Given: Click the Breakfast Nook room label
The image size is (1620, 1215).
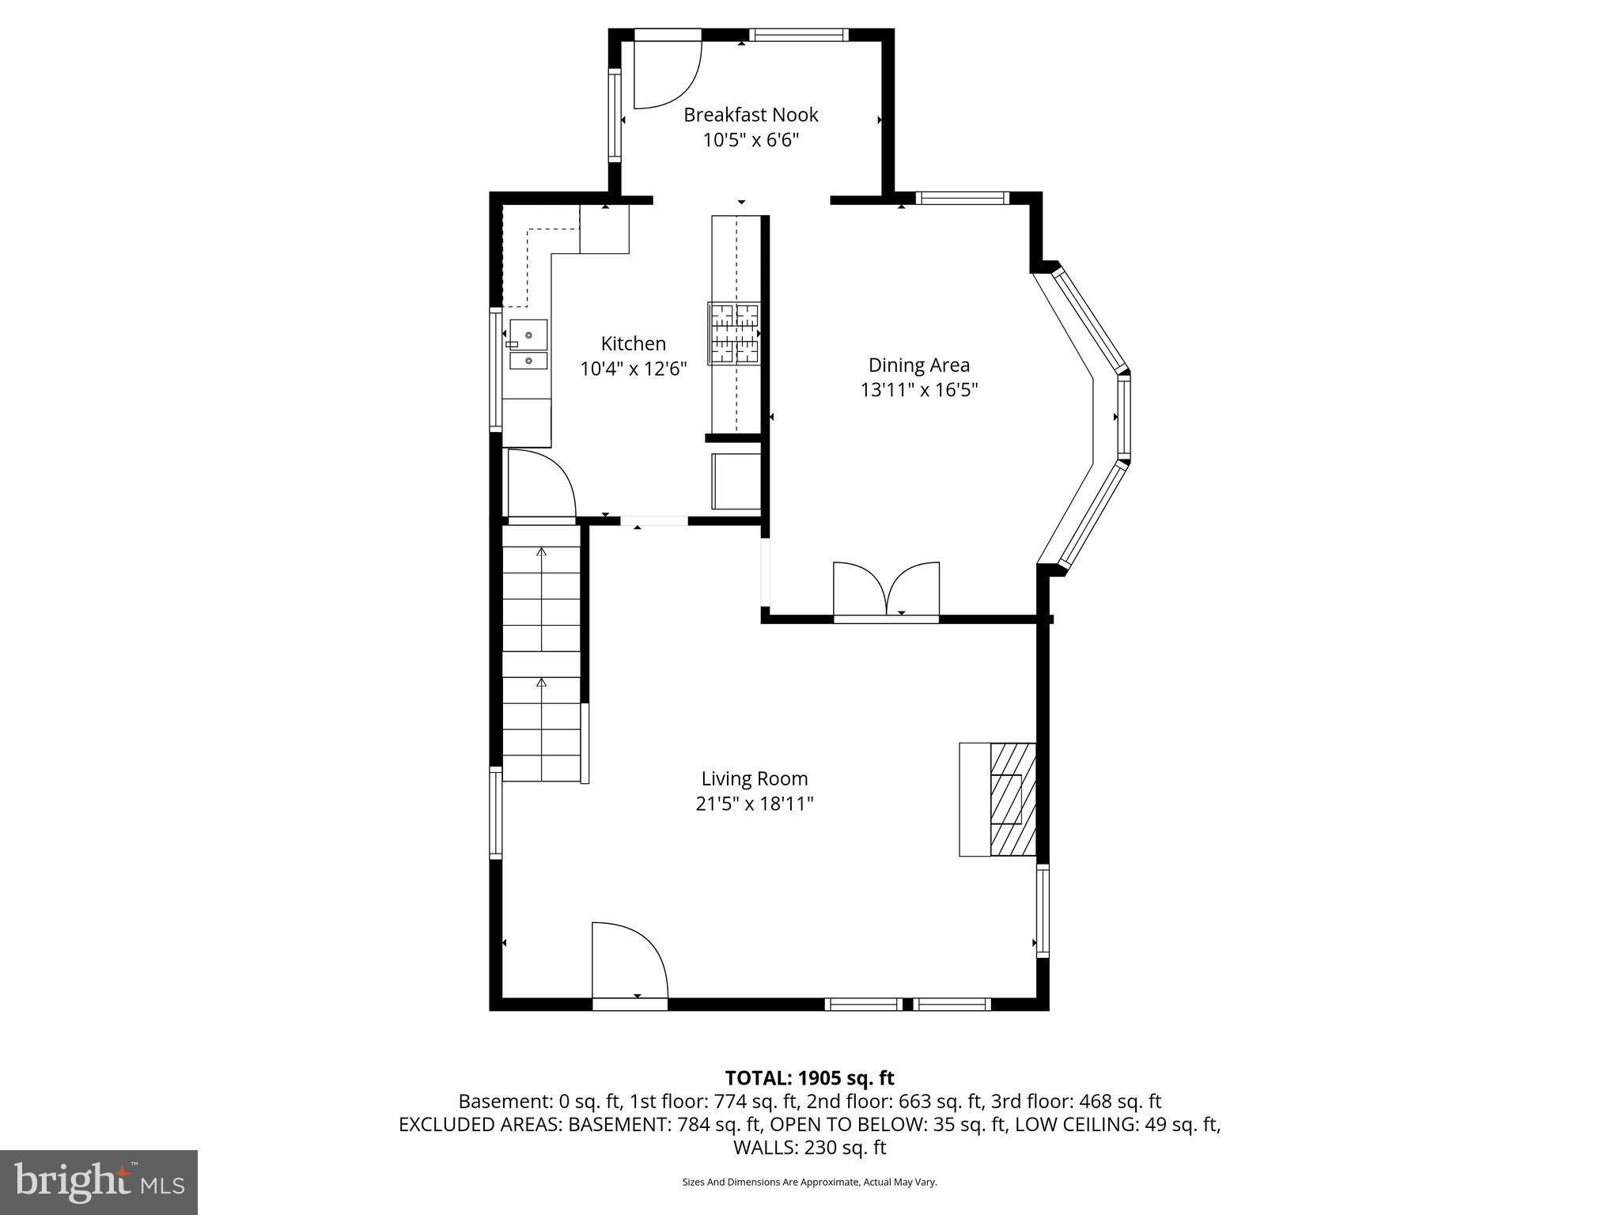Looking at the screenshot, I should [750, 115].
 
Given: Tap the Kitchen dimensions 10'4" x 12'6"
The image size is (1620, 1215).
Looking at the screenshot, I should [633, 369].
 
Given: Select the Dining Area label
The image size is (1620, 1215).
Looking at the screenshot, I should [918, 365].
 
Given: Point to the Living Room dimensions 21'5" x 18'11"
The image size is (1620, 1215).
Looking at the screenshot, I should [754, 804].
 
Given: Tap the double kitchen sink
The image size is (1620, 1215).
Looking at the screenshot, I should [528, 345].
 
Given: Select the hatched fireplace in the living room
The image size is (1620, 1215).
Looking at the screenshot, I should [1012, 799].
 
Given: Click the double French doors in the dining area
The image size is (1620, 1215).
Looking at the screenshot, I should [887, 590].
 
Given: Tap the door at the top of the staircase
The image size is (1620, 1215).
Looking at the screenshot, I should [540, 485].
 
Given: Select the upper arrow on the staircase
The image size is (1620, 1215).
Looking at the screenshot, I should [542, 551].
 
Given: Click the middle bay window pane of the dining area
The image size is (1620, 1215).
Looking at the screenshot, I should [1123, 416].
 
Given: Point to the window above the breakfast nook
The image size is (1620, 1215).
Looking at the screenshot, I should [798, 35].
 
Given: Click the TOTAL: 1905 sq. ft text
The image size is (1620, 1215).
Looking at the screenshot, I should [809, 1078].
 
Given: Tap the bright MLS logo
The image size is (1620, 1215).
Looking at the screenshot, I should [99, 1182].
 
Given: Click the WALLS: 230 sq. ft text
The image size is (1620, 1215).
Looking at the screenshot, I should [809, 1148].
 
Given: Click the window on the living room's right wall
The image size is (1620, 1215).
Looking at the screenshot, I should [1043, 910].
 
